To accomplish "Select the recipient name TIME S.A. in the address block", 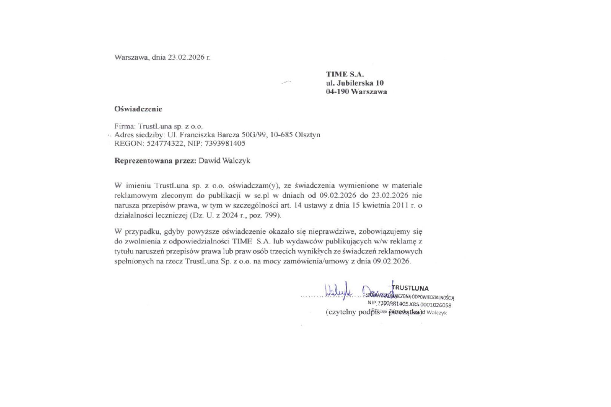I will (345, 74).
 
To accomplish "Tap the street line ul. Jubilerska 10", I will (355, 83).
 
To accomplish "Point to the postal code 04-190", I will (337, 92).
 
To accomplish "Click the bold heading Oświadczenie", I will (138, 109).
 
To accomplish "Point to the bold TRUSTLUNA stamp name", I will (411, 288).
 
